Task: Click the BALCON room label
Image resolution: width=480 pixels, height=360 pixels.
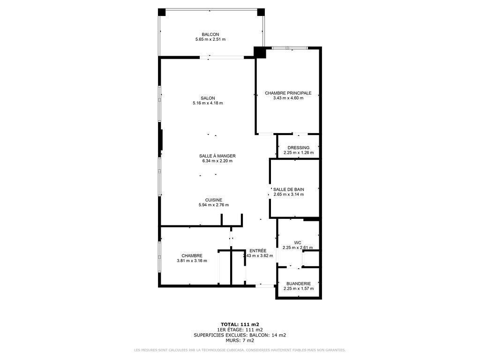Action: pos(210,34)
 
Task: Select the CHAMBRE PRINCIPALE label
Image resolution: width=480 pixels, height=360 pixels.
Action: pos(288,93)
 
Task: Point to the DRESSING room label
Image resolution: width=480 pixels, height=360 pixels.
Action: pos(299,148)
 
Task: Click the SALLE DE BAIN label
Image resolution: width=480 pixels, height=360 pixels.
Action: pos(289,189)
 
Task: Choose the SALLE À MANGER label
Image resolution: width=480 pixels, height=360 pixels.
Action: pos(217,156)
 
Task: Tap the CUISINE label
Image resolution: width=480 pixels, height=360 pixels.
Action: pos(213,200)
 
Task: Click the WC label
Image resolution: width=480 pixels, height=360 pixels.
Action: pos(298,243)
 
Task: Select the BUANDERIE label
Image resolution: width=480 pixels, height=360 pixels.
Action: pos(299,283)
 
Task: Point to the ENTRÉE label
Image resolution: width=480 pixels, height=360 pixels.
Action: pos(258,251)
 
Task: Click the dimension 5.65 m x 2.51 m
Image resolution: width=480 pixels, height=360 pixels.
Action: pos(210,39)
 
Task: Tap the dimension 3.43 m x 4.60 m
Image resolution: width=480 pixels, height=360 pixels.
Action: pos(288,98)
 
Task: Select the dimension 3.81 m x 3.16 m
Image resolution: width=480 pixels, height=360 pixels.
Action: pos(192,261)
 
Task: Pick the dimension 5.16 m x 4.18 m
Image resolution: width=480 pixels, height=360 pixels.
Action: pos(208,103)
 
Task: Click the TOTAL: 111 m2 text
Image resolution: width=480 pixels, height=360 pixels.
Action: pos(240,324)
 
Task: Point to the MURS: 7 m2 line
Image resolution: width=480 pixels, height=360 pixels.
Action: pos(240,340)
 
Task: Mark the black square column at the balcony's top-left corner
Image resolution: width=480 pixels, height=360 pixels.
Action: pos(161,12)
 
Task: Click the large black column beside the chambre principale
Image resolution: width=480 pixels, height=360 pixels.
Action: pos(260,52)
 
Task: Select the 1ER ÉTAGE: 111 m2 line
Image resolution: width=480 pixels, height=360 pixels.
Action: pos(240,330)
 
